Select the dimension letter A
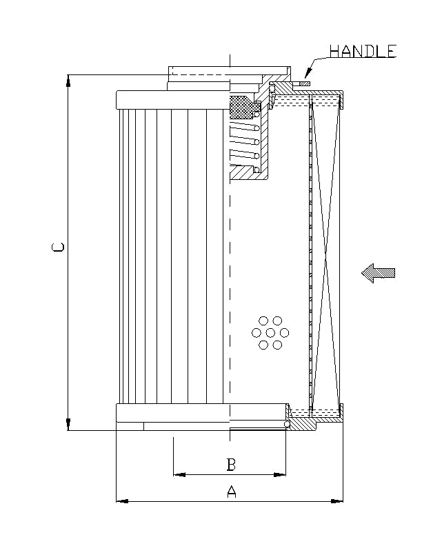(232, 492)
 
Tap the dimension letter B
(232, 465)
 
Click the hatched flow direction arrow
(379, 273)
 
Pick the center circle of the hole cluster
(270, 333)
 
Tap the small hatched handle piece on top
(303, 84)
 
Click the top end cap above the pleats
(172, 99)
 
